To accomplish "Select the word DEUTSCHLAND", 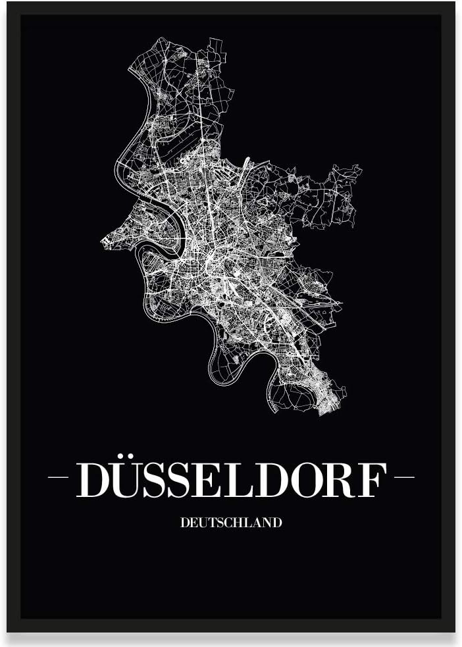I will click(x=231, y=523).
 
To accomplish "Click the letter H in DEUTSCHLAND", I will click(x=236, y=523).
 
